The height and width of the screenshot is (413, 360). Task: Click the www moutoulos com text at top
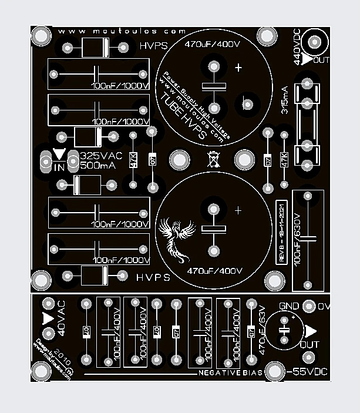coord(122,31)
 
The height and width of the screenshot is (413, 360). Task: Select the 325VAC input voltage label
coord(101,156)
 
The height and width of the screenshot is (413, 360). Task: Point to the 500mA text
coord(98,166)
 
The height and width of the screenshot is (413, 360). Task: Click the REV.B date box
coord(281,232)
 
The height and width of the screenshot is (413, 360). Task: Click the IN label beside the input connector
coord(59,167)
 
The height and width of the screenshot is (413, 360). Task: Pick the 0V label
coord(324,306)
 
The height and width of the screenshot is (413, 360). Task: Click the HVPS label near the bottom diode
coord(153,277)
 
